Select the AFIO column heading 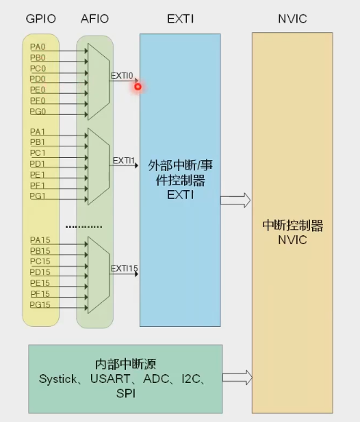[x=94, y=19]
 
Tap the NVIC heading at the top [x=293, y=19]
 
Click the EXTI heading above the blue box [x=180, y=19]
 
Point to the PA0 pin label [x=38, y=47]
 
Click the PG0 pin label [x=38, y=111]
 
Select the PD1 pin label [x=38, y=164]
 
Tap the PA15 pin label [x=40, y=240]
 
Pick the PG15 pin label [x=40, y=304]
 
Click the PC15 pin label [x=40, y=261]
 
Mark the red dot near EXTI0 [x=138, y=85]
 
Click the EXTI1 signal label [x=124, y=161]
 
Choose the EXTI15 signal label [x=125, y=268]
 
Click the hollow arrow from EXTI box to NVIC [x=235, y=200]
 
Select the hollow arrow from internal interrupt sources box [x=238, y=377]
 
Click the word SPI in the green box [x=125, y=393]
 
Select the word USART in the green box [x=108, y=378]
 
